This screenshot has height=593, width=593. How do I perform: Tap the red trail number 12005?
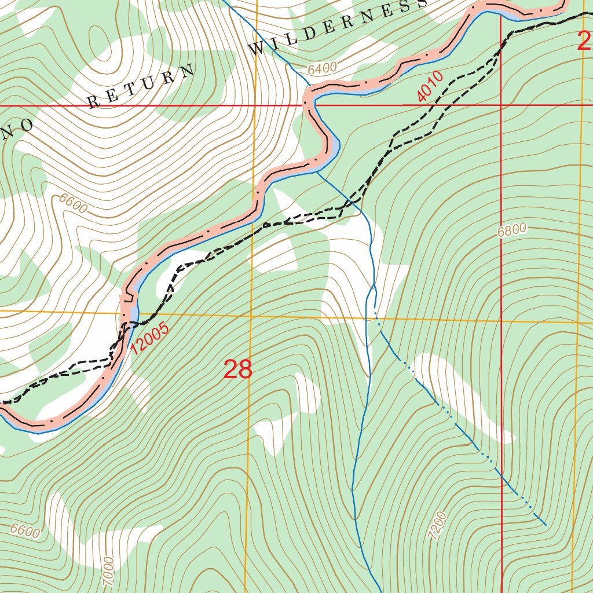coord(149,339)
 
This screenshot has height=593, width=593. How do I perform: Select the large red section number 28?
coord(238,369)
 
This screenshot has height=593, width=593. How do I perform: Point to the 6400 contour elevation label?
coord(322,69)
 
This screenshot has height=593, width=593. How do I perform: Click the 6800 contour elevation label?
coord(512,230)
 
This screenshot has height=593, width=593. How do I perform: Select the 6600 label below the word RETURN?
coord(73,204)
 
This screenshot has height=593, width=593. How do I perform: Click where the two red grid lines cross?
coord(501,105)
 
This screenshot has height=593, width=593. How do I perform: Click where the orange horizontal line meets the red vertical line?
coord(502,320)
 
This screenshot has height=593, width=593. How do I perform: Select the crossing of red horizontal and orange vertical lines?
coord(255,105)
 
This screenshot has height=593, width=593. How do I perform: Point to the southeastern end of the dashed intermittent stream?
coord(546,525)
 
